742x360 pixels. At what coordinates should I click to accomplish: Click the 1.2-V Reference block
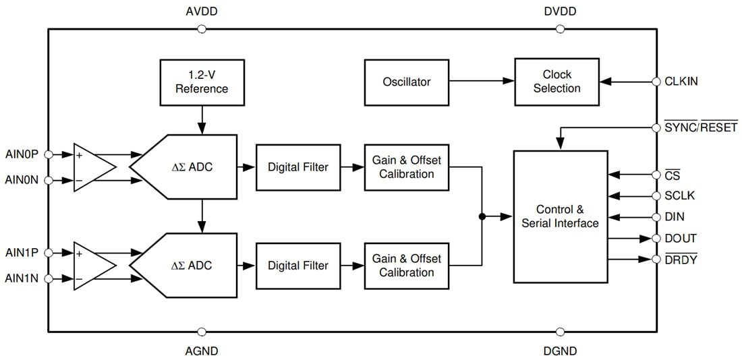202,81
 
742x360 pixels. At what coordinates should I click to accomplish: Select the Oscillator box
406,82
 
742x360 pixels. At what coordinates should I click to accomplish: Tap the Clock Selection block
556,82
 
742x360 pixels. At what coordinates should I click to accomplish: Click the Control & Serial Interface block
560,216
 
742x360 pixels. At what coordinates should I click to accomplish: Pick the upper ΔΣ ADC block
189,167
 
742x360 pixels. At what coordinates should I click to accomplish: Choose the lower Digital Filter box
297,266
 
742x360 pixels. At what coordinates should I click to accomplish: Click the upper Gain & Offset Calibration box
406,167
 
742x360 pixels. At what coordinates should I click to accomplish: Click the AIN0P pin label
22,154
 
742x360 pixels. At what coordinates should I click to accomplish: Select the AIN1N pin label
22,278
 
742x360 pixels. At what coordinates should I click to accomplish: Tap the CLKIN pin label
681,82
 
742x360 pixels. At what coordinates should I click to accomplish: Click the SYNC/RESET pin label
701,127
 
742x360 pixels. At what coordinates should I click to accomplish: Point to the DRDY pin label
681,260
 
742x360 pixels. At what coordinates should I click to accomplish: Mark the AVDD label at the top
201,12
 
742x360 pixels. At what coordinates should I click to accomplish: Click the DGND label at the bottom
560,351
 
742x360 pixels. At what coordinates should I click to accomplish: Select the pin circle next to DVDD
560,29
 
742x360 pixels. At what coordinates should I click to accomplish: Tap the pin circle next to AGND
201,332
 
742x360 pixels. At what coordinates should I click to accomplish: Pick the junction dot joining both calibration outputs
482,216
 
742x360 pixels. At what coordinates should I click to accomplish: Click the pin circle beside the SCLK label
656,196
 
